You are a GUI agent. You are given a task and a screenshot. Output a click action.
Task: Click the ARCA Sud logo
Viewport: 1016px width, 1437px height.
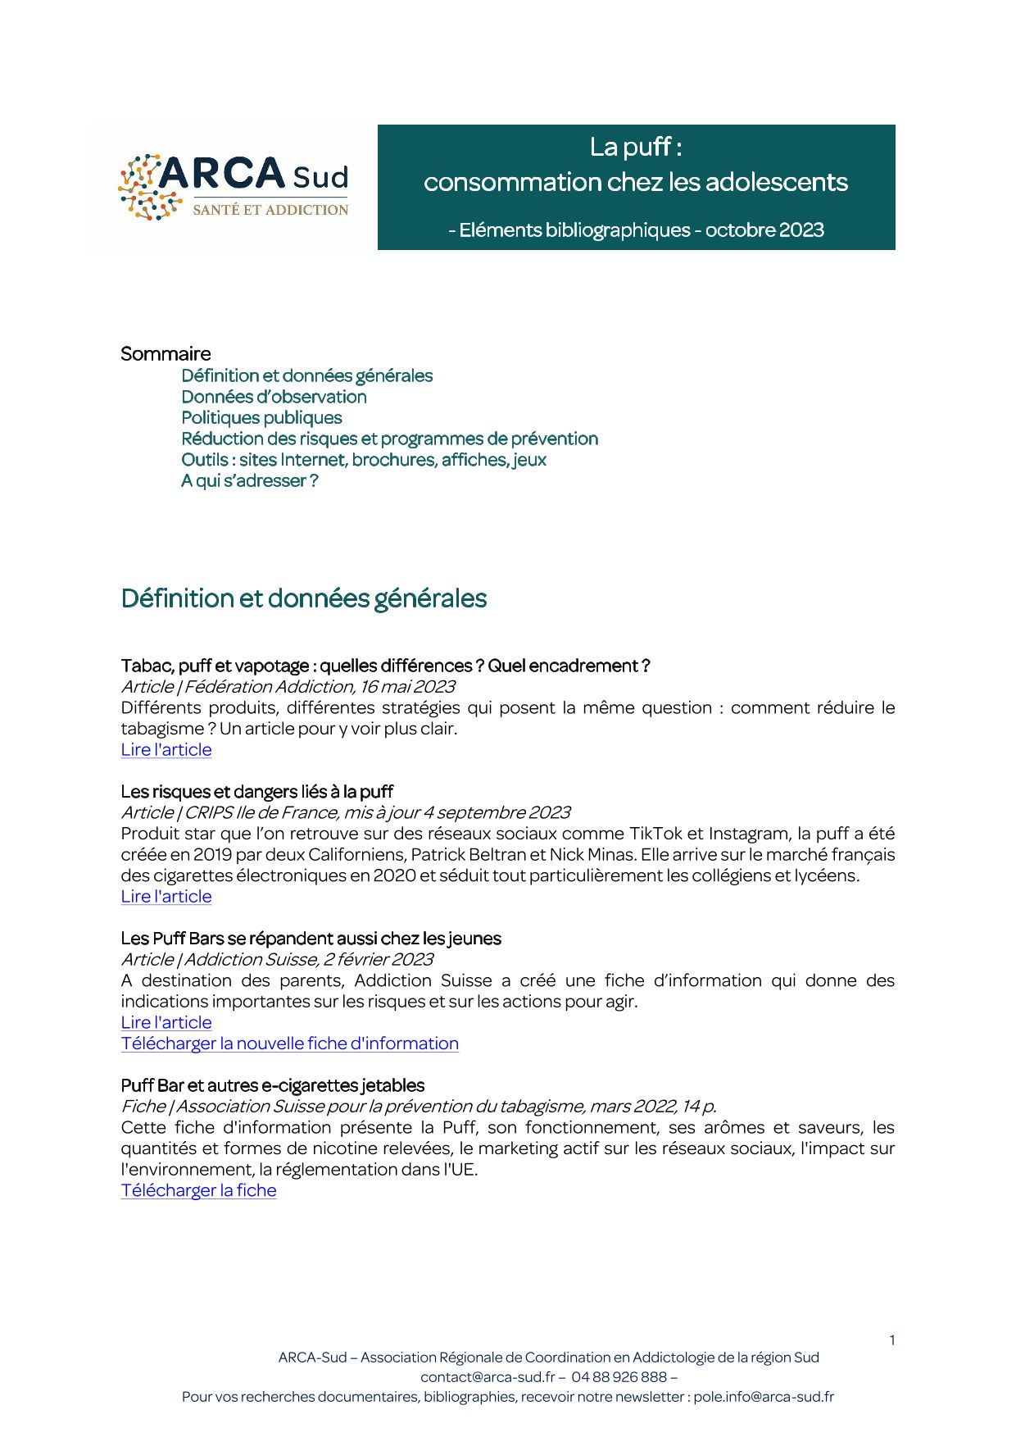[234, 187]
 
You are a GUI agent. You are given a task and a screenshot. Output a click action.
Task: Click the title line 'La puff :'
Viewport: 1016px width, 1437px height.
[636, 147]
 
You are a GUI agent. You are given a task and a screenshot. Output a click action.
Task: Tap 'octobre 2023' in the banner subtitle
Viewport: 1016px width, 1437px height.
[764, 230]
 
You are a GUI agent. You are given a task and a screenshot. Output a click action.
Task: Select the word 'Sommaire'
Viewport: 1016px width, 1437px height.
[166, 354]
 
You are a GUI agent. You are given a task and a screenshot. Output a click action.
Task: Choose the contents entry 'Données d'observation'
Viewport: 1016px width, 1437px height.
[274, 397]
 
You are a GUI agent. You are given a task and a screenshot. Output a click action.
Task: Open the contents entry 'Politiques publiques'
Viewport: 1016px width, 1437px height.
[261, 418]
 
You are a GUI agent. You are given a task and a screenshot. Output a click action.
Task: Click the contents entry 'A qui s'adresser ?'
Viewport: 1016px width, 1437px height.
[249, 481]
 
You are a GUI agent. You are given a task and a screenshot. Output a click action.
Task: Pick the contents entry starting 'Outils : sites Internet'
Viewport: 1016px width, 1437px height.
[364, 460]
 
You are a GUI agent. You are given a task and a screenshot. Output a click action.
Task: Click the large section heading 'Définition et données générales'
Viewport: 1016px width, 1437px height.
[303, 598]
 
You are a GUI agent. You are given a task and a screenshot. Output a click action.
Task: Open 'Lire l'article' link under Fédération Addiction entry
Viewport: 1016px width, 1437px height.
[166, 750]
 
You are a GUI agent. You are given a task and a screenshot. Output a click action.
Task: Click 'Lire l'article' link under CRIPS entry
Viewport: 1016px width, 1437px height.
[166, 897]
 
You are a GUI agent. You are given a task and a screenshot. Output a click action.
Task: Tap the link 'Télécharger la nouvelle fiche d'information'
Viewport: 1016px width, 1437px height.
[289, 1044]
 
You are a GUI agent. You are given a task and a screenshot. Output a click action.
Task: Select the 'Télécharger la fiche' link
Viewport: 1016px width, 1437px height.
[198, 1190]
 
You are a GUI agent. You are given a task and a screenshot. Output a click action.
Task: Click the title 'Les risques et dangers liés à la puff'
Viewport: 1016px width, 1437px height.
[256, 792]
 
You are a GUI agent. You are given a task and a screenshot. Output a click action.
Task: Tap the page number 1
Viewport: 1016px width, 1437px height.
[891, 1340]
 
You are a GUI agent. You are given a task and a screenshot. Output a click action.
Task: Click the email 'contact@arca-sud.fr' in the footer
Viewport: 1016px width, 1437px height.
[488, 1377]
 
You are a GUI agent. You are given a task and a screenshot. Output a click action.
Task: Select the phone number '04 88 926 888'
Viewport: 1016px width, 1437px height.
[619, 1377]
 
